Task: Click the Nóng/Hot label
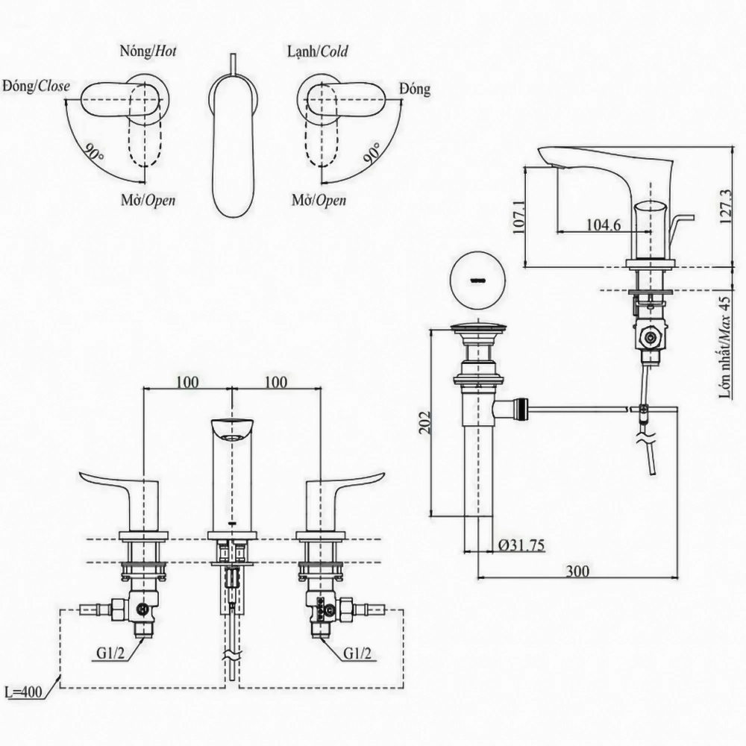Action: [148, 51]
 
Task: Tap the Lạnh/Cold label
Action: [317, 51]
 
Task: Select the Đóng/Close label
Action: [36, 86]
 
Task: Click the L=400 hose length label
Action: [22, 692]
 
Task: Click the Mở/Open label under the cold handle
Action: [319, 200]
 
